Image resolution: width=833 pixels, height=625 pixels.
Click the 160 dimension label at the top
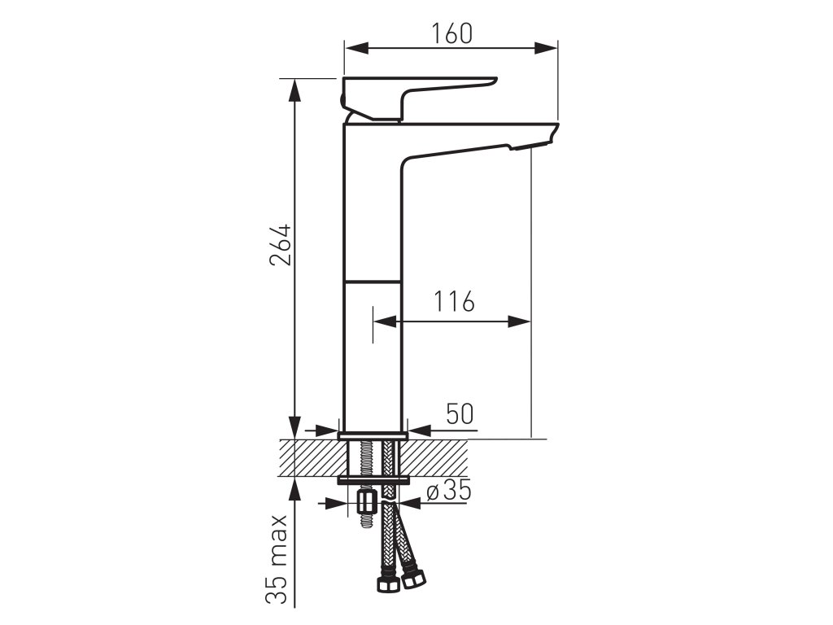click(451, 33)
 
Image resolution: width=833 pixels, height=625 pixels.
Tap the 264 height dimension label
click(280, 245)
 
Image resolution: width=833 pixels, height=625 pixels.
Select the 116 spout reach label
click(454, 301)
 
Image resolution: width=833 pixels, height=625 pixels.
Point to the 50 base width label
click(460, 414)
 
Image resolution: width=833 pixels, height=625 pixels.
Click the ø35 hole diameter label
click(449, 490)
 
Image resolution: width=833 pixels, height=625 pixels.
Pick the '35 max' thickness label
click(277, 560)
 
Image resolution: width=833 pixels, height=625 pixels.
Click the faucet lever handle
click(419, 98)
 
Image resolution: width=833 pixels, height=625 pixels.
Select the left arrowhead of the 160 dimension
click(356, 48)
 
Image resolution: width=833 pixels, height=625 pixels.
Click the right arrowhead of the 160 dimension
click(546, 48)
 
